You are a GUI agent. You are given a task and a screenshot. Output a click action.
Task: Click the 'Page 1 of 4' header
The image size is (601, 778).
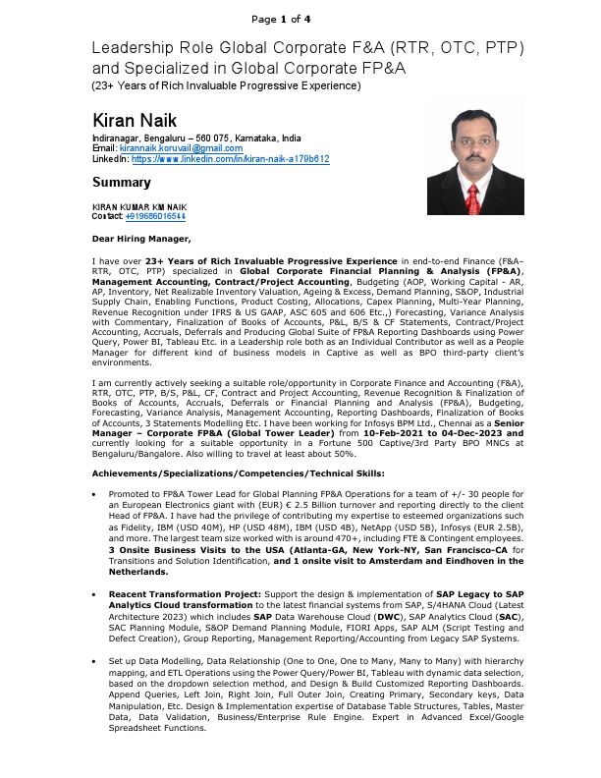tap(281, 19)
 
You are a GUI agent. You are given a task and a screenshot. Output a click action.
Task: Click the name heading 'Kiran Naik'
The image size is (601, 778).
tap(135, 120)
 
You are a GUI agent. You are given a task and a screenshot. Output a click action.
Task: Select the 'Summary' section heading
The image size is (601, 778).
tap(121, 182)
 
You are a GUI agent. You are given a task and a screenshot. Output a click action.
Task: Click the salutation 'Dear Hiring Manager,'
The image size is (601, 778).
tap(140, 239)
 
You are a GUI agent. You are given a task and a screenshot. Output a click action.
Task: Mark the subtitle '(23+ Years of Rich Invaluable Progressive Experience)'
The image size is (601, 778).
tap(226, 85)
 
